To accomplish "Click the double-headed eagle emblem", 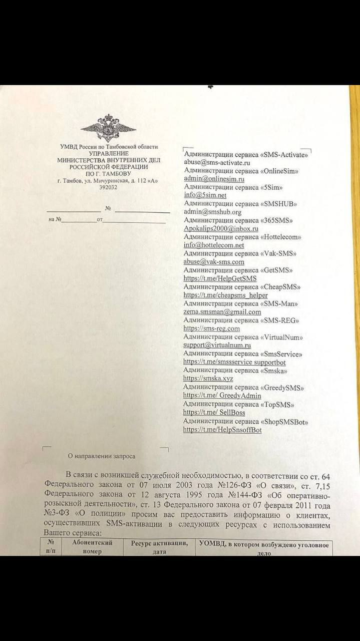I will point(108,127).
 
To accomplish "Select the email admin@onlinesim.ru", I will point(214,179).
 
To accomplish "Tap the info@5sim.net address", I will point(205,195).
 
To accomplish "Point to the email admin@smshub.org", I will point(213,212).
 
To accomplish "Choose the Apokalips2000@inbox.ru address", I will point(221,228).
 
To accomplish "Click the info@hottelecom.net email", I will point(214,245).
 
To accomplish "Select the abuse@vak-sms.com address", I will point(214,262).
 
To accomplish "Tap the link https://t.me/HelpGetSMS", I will point(220,278).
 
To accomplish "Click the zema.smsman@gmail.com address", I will point(222,311).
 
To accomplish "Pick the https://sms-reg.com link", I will point(211,329).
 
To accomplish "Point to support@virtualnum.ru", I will point(217,345).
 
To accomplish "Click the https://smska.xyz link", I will point(208,379).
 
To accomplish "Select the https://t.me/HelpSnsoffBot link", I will point(222,430).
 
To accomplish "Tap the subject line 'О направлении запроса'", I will point(102,456).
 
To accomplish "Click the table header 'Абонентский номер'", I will point(93,547).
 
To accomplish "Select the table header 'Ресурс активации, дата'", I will point(159,547).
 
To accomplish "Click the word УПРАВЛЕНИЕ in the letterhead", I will point(109,153).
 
